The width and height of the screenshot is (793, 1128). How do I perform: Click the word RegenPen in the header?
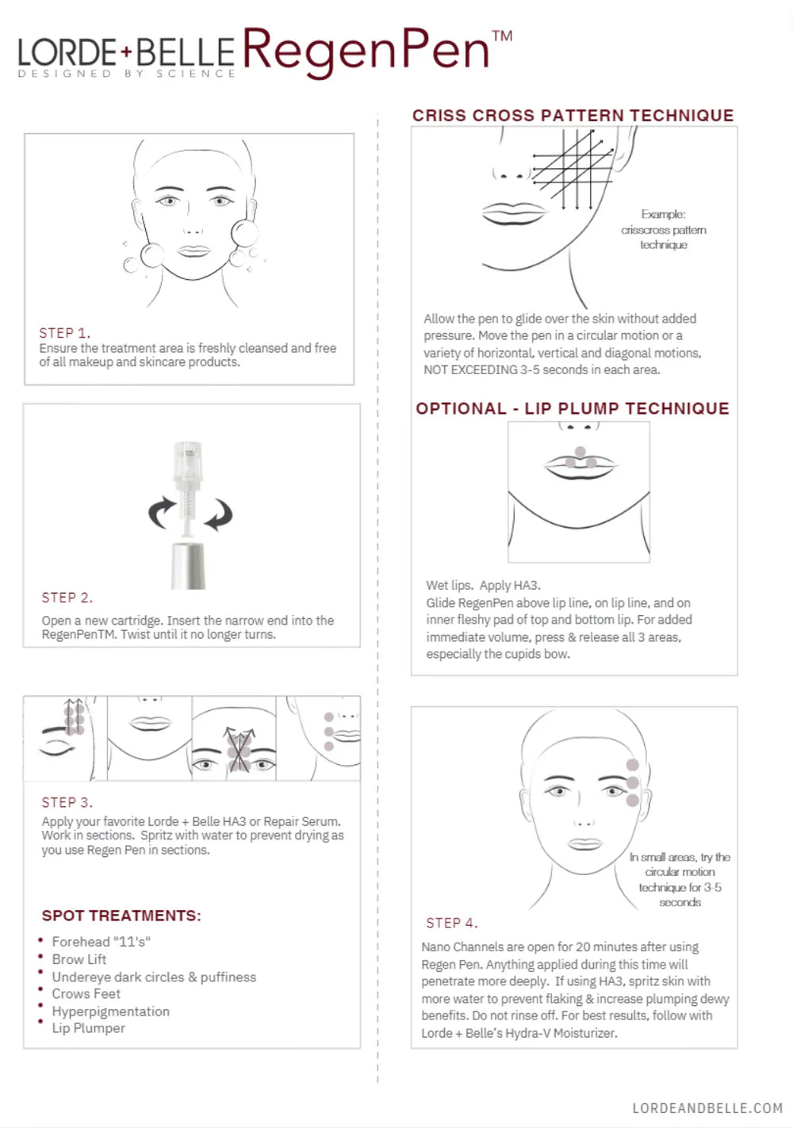[x=366, y=52]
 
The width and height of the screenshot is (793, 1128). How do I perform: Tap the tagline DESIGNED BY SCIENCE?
[x=127, y=74]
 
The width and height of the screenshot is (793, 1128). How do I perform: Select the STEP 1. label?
[x=64, y=333]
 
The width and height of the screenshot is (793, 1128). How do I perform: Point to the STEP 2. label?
[x=67, y=597]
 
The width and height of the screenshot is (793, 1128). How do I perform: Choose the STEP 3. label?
[x=67, y=802]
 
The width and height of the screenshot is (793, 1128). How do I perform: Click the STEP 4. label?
[x=451, y=923]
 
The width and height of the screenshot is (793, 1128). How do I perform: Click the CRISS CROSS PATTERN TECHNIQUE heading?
[x=573, y=115]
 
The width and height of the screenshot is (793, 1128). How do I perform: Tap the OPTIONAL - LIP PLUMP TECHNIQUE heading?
[x=573, y=408]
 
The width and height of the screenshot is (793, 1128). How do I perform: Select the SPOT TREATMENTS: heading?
[x=121, y=915]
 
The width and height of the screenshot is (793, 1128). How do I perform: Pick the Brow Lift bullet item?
[x=79, y=959]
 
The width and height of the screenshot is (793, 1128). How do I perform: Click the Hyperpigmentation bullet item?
[x=111, y=1011]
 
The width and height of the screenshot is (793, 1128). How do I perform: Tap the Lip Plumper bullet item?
[x=89, y=1028]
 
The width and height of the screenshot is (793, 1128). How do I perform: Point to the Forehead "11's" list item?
[x=102, y=942]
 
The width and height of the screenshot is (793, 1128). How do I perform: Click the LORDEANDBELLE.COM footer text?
[x=708, y=1108]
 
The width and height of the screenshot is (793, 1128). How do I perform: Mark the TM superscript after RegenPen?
[x=502, y=36]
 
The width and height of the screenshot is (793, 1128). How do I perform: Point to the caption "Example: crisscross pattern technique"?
[x=664, y=230]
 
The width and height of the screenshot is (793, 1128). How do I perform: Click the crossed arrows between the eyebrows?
[x=239, y=749]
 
